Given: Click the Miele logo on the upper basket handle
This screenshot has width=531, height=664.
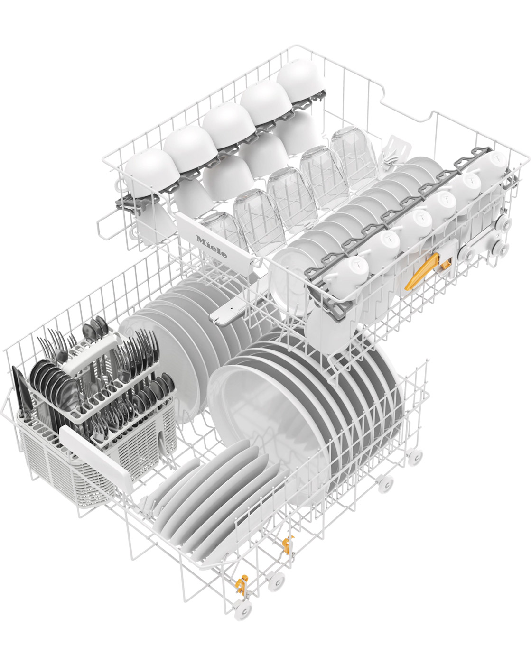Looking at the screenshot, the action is pos(212,247).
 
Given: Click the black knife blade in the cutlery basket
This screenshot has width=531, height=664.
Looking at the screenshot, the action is pos(20,391).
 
